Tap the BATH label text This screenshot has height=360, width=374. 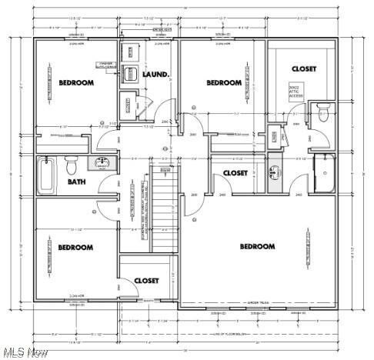click(x=75, y=182)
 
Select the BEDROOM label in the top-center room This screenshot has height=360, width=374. click(x=224, y=82)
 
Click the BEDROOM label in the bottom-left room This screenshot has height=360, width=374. click(x=75, y=247)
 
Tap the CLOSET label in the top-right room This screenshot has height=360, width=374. click(x=303, y=69)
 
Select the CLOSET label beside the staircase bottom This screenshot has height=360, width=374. click(x=146, y=281)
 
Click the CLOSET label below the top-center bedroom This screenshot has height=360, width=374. click(x=235, y=173)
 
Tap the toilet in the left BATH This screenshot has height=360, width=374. click(x=72, y=164)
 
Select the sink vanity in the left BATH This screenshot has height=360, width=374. click(x=101, y=163)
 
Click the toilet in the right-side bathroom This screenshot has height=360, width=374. click(x=324, y=113)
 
